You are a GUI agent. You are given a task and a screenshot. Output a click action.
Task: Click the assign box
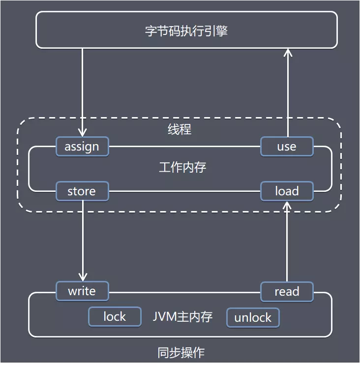(82, 147)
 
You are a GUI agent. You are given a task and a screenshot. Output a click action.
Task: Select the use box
(286, 147)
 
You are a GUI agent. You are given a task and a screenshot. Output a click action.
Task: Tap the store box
(82, 191)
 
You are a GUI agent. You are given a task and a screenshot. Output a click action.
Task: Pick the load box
(286, 191)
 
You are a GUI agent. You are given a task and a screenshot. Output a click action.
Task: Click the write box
(82, 291)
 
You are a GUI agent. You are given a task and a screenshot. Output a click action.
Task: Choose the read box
(286, 291)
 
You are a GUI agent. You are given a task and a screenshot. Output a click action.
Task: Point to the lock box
(114, 317)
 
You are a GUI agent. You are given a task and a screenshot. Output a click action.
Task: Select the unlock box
(253, 317)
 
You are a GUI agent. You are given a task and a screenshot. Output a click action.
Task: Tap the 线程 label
(179, 130)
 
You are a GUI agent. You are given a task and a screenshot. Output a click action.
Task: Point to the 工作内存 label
(182, 167)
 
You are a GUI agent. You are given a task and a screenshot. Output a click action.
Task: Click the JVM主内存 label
(182, 317)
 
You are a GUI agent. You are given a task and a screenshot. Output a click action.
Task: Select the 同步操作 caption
(180, 353)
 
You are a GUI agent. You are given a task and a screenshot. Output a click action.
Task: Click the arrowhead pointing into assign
(82, 132)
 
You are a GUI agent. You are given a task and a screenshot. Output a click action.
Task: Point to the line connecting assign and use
(184, 147)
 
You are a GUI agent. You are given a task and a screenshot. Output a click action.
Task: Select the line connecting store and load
(184, 191)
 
